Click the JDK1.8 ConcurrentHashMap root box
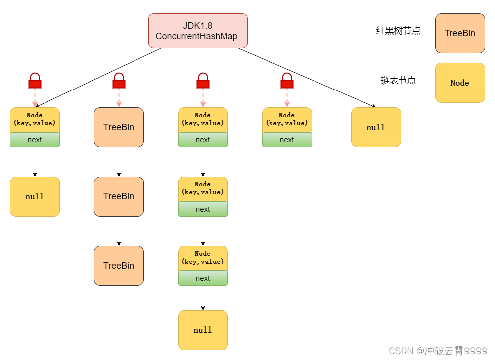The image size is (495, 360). coord(198,31)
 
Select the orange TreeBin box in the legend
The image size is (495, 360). coord(460,33)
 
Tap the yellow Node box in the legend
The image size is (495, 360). coord(460,83)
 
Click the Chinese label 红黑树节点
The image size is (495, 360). coord(398,31)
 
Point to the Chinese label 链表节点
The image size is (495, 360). coord(398,80)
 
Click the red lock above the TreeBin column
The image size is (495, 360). coord(119,81)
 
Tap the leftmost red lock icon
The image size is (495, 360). coord(35,81)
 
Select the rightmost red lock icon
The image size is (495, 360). coord(287,81)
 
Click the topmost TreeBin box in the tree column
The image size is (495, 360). coord(119,127)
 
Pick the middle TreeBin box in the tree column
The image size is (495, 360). coord(119,196)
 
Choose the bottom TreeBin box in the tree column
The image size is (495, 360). coord(119,266)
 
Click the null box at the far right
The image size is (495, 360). coord(376,127)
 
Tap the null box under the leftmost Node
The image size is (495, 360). coord(35,196)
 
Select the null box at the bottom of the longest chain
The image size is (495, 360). coord(203,330)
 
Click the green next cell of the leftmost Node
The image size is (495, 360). coord(35,140)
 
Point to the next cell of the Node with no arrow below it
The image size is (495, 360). coord(287,140)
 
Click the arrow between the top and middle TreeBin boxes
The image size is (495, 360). coord(119,162)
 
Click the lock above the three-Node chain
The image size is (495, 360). coord(203,81)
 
